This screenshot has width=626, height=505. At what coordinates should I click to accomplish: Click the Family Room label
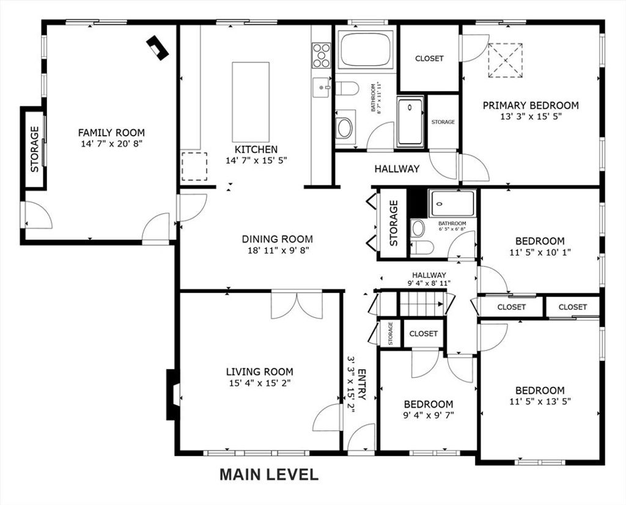tap(111, 133)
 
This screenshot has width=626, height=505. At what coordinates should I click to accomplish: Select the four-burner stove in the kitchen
tap(322, 56)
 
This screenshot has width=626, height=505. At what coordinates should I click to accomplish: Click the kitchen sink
tap(322, 87)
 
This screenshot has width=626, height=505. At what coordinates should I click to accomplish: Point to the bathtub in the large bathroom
tap(366, 50)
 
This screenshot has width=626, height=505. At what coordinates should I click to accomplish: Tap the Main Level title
tap(269, 474)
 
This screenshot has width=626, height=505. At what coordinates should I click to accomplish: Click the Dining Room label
tap(278, 239)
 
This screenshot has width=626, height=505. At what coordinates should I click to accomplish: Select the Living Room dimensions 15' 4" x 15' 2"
tap(259, 383)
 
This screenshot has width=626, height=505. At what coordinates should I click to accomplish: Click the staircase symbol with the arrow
tap(422, 304)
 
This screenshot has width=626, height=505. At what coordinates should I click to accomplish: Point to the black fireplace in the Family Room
tap(157, 48)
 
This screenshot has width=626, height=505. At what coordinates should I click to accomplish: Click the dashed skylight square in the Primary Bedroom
tap(505, 61)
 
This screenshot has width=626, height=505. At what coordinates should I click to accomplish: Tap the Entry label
tap(362, 385)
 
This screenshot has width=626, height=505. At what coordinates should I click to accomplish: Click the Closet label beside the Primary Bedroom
tap(429, 58)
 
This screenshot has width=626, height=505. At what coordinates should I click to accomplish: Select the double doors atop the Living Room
tap(296, 306)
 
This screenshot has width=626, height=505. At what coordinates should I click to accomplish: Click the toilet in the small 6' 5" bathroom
tap(422, 248)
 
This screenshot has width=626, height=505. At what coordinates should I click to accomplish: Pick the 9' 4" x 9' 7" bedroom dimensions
tap(429, 415)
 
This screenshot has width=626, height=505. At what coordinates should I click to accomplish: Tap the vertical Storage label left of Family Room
tap(35, 149)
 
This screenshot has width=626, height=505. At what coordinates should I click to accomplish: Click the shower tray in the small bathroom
tap(452, 204)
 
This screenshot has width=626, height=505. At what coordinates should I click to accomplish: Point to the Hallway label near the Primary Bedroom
tap(397, 169)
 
